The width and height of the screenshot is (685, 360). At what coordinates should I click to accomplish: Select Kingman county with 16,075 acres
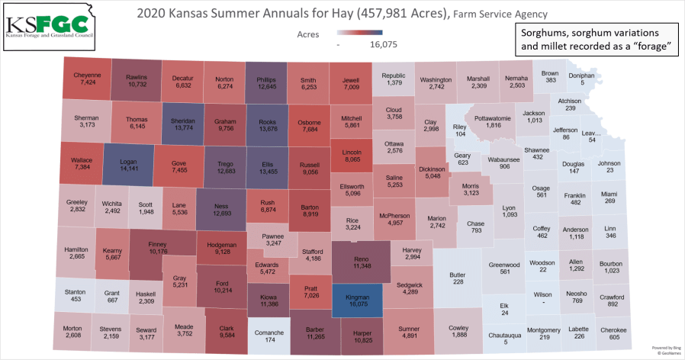click(x=358, y=297)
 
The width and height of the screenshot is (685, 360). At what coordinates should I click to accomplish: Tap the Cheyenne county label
click(x=85, y=75)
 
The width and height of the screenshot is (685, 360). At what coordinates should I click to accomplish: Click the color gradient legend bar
click(x=363, y=34)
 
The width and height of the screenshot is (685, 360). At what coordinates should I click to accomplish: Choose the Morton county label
click(x=73, y=328)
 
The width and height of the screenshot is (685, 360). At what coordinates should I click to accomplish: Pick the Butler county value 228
click(x=458, y=282)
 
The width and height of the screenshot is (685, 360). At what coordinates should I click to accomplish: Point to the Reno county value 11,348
click(x=357, y=266)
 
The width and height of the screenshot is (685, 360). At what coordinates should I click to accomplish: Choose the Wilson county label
click(x=542, y=294)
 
